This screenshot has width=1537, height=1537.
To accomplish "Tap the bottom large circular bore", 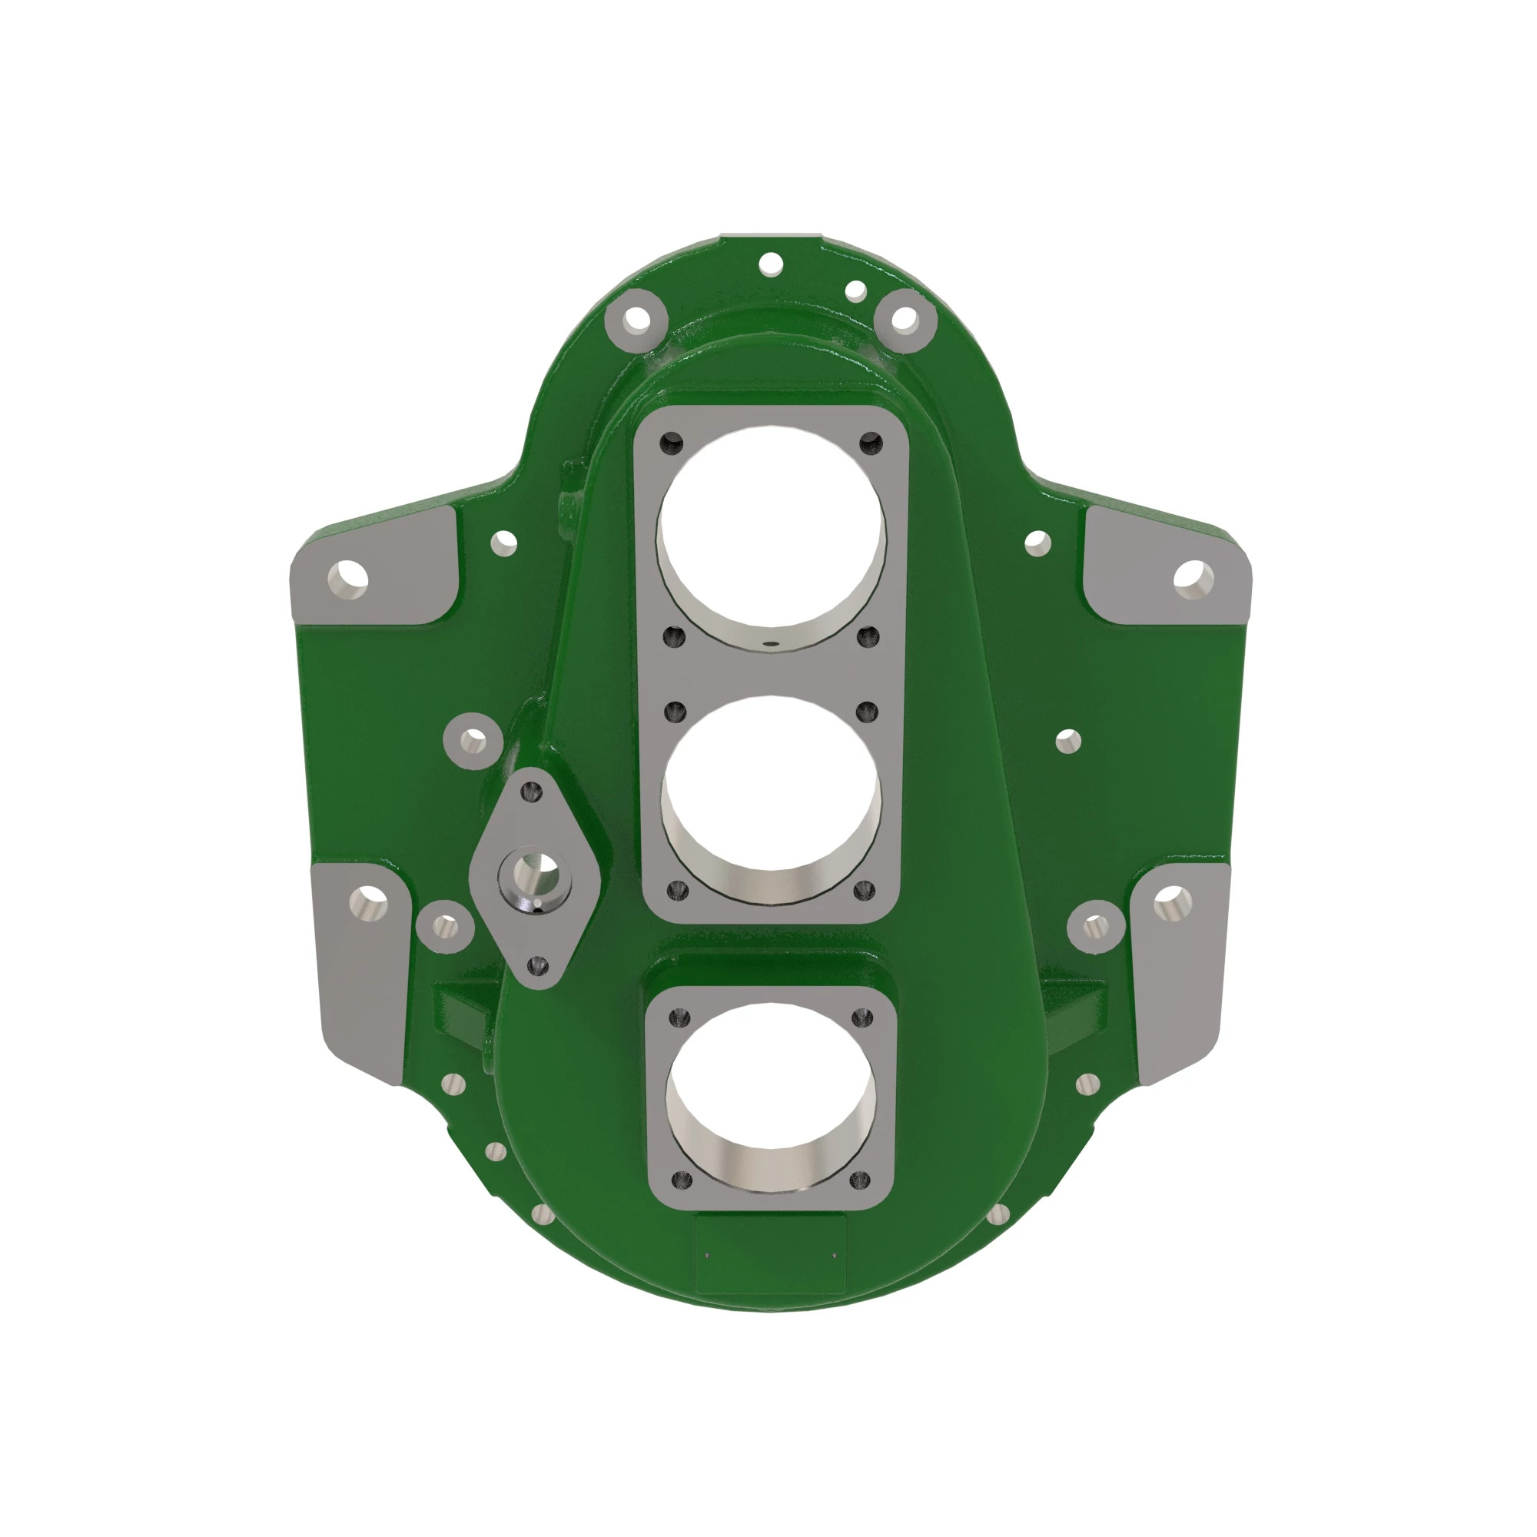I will pyautogui.click(x=770, y=1098).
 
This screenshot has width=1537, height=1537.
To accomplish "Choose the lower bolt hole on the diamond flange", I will pyautogui.click(x=539, y=966).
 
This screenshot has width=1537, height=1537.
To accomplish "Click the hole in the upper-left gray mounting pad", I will pyautogui.click(x=347, y=579).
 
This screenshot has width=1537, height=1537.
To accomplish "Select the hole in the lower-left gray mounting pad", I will pyautogui.click(x=368, y=902).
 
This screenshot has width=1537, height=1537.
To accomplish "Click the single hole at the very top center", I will pyautogui.click(x=771, y=264).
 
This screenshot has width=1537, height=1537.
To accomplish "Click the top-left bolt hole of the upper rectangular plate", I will pyautogui.click(x=672, y=443).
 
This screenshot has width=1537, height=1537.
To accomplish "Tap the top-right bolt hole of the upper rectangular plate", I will pyautogui.click(x=872, y=443).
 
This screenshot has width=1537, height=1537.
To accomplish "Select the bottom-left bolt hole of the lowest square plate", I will pyautogui.click(x=681, y=1180).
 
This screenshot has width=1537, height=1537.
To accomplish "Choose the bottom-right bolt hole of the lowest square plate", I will pyautogui.click(x=860, y=1180).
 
